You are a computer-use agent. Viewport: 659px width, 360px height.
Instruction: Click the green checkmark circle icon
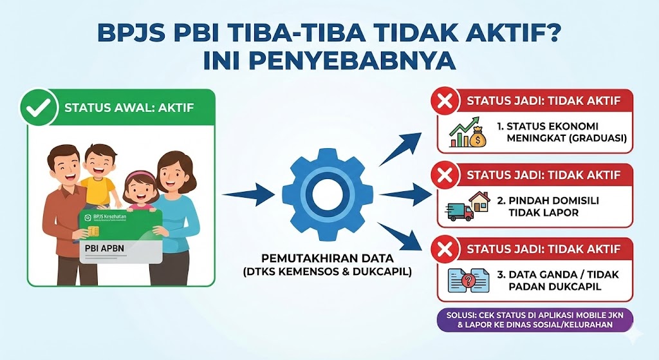[39, 107]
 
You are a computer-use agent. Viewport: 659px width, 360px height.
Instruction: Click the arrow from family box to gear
[248, 194]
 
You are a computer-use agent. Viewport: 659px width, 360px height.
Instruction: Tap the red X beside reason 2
[445, 175]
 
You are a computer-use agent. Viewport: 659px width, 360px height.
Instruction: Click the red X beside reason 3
[445, 249]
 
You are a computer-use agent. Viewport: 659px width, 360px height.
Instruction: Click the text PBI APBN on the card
[105, 248]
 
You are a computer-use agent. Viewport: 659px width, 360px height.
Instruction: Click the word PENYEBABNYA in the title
[329, 61]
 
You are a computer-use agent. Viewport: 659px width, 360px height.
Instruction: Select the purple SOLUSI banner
[535, 320]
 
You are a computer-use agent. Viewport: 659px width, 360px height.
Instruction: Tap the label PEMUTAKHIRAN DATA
[328, 258]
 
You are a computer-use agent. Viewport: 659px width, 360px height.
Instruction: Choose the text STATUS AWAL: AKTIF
[129, 108]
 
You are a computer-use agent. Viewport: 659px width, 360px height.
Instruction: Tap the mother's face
[174, 176]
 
